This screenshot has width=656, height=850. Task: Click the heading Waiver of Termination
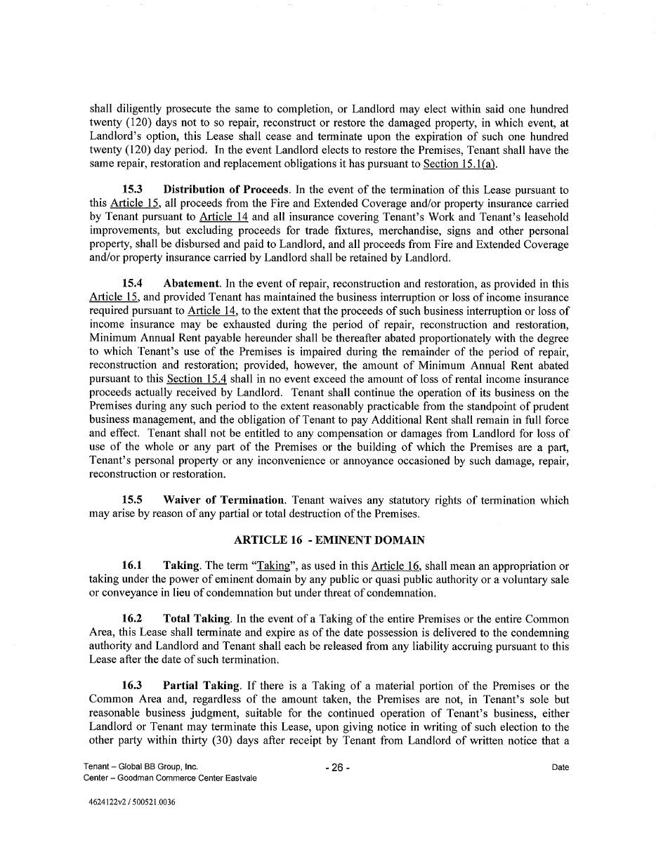tap(223, 500)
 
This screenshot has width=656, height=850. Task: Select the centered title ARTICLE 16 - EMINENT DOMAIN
tap(329, 540)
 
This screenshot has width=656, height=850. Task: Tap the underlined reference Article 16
tap(391, 566)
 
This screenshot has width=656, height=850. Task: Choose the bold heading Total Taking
tap(196, 619)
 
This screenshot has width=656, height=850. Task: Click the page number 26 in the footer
tap(337, 768)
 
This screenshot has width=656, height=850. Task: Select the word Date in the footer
tap(560, 768)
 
